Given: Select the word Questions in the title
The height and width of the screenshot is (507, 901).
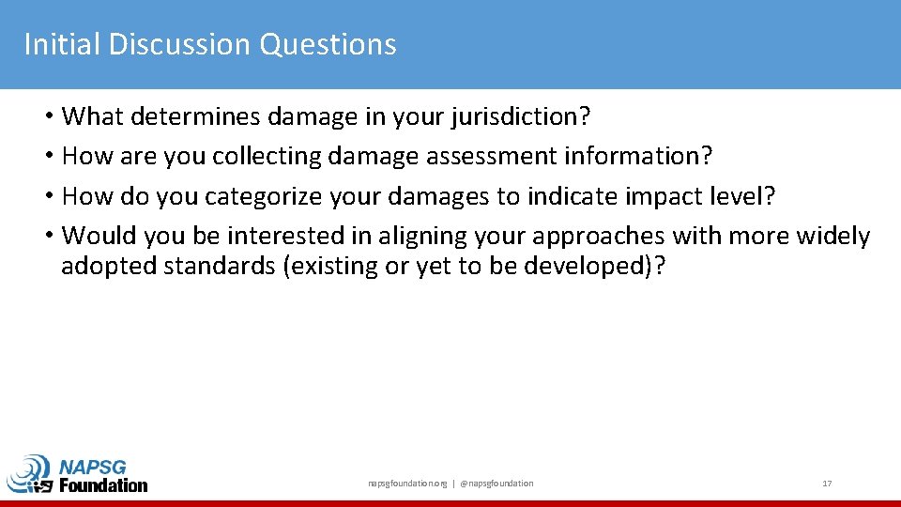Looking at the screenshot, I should pos(328,44).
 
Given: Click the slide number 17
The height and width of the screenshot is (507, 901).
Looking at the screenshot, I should pos(827,484).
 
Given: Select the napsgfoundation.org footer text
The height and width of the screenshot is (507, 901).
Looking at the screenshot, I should pos(407,484).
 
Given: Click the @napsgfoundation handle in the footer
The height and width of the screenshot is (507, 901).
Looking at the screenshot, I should pos(496,484).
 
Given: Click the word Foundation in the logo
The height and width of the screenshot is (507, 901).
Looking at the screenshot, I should pos(103,485).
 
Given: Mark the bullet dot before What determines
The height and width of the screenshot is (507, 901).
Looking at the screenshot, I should pos(47,117).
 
